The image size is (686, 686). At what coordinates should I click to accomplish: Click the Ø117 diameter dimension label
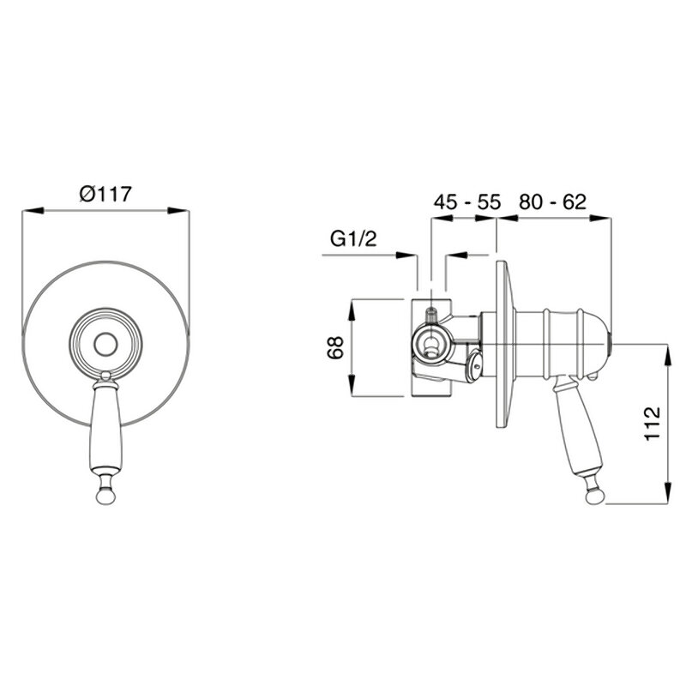click(105, 194)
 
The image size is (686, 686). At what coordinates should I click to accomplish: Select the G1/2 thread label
click(353, 239)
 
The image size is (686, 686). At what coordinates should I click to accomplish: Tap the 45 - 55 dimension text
click(466, 202)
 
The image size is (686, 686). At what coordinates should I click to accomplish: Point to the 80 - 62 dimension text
click(552, 202)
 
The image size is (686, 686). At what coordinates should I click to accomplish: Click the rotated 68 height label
click(336, 348)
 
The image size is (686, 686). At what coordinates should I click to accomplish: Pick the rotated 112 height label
click(652, 424)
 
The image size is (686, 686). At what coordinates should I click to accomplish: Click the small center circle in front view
click(105, 345)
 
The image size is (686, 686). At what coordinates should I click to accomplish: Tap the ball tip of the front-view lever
click(105, 496)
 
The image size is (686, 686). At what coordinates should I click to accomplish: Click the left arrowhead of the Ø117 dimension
click(33, 211)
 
